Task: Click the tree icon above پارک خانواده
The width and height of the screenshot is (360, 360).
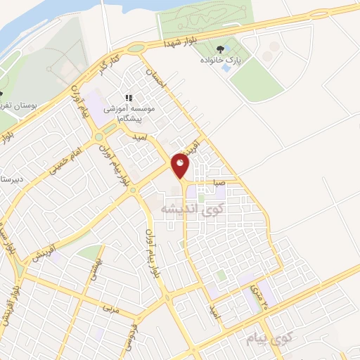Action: (222, 49)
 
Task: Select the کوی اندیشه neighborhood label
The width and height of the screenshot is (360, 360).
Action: (186, 209)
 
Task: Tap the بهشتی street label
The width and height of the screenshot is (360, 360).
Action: (96, 268)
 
